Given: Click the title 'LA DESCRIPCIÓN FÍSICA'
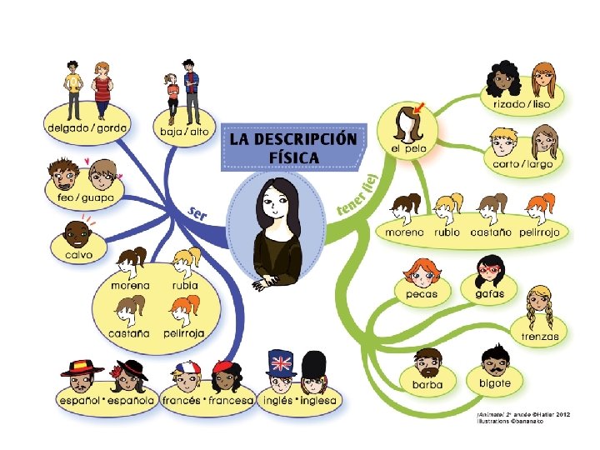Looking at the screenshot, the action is (x=292, y=147).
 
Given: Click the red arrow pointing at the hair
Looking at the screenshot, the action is (x=417, y=107).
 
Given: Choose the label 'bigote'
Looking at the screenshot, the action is (x=496, y=383).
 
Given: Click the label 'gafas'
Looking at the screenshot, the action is (x=489, y=293).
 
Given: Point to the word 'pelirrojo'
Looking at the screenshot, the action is (x=541, y=232).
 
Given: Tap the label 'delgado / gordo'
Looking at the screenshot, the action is (x=82, y=128).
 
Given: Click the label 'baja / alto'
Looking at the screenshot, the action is (x=186, y=132).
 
